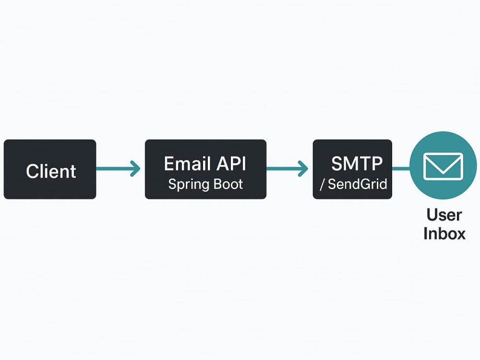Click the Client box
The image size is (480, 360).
point(50,169)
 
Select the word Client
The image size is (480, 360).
point(51,171)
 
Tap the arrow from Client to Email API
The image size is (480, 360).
point(118,168)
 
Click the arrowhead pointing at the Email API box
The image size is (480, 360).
point(135,168)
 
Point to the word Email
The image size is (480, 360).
point(187,164)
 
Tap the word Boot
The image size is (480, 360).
point(228,184)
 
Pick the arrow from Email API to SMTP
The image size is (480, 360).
point(287,168)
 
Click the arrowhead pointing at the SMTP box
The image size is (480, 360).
point(303,168)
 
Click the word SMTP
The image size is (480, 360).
point(357,164)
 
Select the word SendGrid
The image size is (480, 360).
point(358,184)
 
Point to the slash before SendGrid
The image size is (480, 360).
point(322,185)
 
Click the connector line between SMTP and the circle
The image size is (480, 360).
point(401,168)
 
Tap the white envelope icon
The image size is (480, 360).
point(443,166)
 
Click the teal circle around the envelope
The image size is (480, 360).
point(443,190)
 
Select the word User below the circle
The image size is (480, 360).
point(444,215)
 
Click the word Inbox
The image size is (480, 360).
point(444,233)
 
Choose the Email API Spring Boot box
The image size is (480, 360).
point(206,169)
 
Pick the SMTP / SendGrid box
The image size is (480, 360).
point(352,169)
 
